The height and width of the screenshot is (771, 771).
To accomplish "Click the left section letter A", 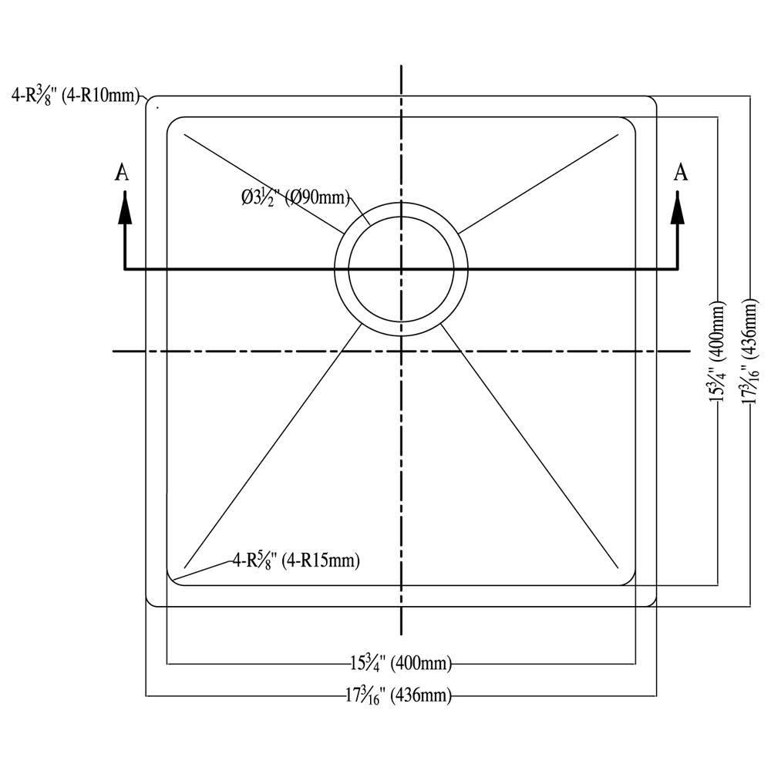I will pos(122,173).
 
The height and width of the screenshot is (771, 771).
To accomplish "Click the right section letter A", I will pos(680,173).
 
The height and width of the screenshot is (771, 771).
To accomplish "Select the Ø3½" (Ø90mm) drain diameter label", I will pos(295,197).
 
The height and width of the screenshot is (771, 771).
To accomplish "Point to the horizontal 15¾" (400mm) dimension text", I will pos(400,662).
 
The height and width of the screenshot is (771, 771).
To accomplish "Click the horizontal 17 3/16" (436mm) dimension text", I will pos(397,695).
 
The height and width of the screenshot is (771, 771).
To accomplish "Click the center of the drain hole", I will pos(400,270).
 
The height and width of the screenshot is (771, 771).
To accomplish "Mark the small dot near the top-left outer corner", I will pos(157,107).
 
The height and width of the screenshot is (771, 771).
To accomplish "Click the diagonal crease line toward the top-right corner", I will pos(540,183).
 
